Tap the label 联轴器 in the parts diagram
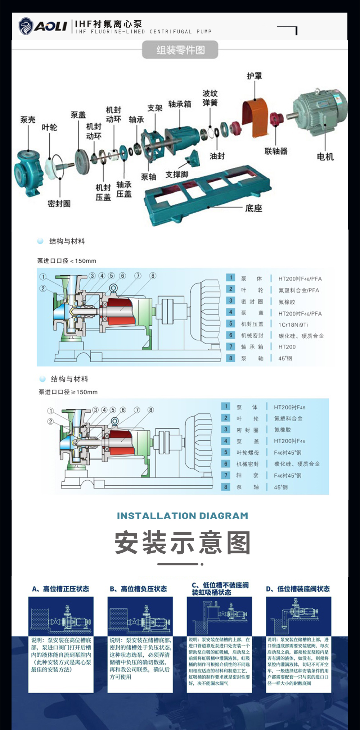click(x=276, y=151)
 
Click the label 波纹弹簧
click(x=210, y=98)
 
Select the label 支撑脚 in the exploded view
click(x=177, y=174)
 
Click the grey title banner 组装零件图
click(x=180, y=50)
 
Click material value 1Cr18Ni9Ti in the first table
click(x=293, y=325)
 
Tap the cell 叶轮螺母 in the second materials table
click(x=247, y=453)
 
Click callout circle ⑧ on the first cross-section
click(x=153, y=276)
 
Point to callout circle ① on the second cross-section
click(x=51, y=411)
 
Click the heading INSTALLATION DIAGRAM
click(x=183, y=516)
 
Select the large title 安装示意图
click(x=183, y=543)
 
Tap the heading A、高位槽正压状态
click(x=60, y=589)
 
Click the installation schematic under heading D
click(x=298, y=616)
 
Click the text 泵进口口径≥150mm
click(x=68, y=392)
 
